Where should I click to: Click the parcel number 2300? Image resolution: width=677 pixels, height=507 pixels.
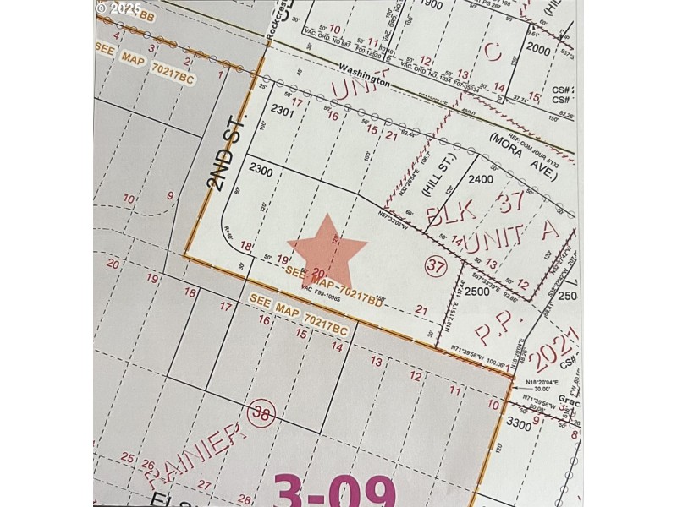tap(261, 171)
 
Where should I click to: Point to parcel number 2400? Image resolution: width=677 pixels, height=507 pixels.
tap(480, 179)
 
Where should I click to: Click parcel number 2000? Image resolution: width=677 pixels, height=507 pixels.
tap(538, 49)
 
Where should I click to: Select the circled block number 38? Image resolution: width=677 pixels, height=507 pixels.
tap(261, 413)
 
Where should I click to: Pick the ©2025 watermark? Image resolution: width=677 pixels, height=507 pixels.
tap(118, 8)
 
